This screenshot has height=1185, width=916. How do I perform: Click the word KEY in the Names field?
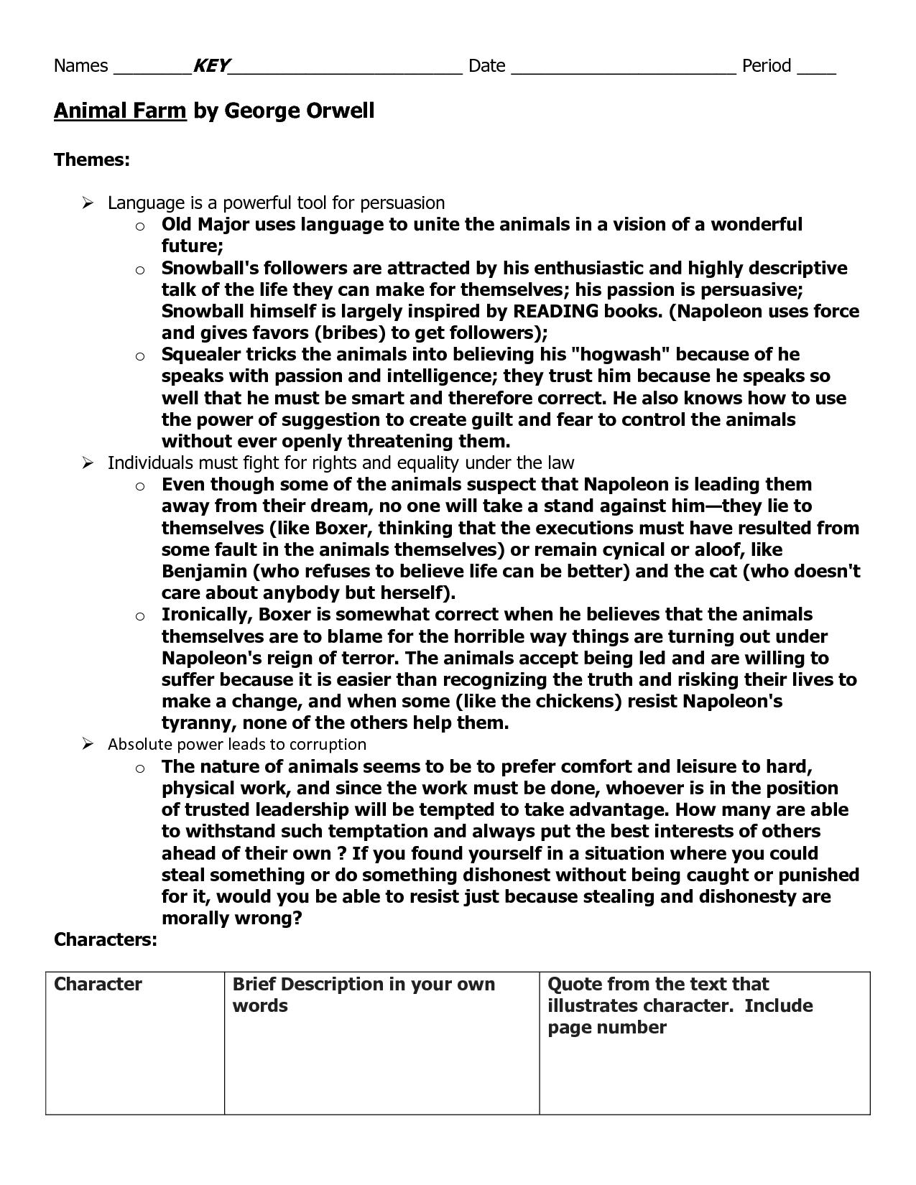(211, 66)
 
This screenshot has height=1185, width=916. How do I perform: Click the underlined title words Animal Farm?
(120, 111)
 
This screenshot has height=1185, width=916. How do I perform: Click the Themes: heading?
(92, 159)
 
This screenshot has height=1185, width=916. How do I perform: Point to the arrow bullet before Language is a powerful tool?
(88, 203)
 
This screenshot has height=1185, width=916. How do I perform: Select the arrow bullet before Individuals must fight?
(88, 463)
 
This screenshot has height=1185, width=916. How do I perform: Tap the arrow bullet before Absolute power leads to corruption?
(88, 745)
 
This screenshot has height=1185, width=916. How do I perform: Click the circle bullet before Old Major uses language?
(140, 226)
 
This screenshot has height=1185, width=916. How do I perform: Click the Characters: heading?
(106, 939)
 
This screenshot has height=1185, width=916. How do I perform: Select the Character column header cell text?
(98, 984)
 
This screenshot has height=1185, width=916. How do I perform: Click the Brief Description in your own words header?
(364, 995)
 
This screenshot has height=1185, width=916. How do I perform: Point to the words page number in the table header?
(607, 1028)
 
